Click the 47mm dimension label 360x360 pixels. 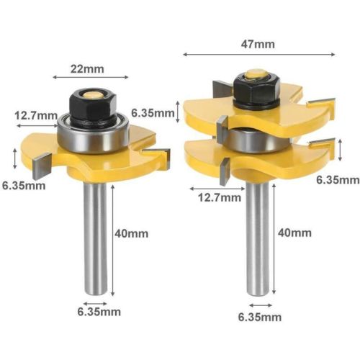258,45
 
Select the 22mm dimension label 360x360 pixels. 87,69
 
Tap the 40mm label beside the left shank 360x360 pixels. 131,233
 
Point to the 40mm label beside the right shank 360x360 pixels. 294,233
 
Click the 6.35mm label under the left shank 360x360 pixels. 99,312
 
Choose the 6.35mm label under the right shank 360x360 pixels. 260,317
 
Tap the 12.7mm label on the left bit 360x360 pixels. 36,116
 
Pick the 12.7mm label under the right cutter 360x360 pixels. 220,197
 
